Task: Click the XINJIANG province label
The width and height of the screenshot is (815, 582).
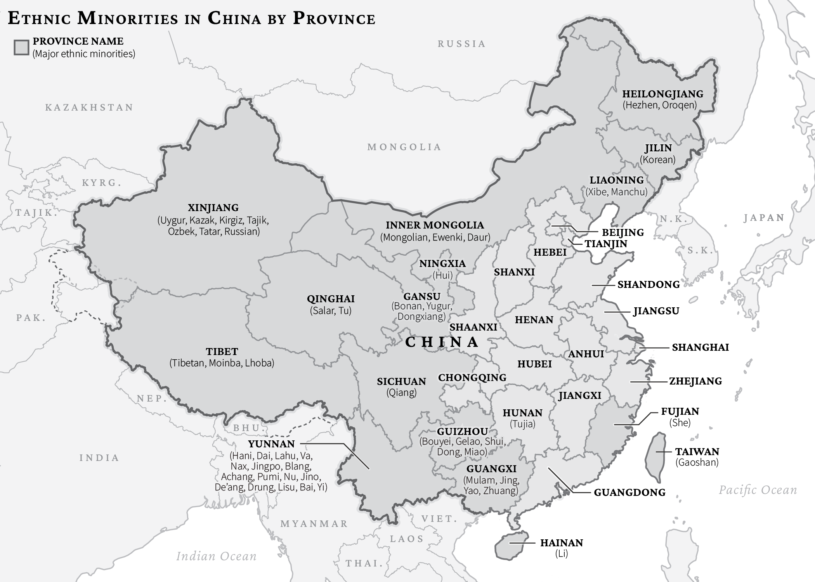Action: (x=213, y=208)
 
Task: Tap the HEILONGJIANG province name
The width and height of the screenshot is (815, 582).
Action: (x=662, y=94)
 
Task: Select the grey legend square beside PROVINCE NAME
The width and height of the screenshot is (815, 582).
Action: (x=21, y=47)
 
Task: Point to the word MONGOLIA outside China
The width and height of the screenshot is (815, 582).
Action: (x=404, y=147)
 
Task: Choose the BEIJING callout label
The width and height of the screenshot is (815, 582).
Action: (x=623, y=232)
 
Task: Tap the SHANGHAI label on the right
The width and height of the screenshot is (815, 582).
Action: (x=700, y=347)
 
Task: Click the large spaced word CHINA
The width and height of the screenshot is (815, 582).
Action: (x=442, y=342)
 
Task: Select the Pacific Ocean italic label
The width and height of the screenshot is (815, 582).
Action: (x=758, y=490)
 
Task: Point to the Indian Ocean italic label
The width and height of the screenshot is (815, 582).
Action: (x=216, y=556)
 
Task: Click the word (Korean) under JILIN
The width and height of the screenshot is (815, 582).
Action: (x=657, y=159)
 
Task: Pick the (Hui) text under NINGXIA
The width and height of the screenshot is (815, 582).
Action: (x=442, y=275)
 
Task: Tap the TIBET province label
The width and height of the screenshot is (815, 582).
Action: (x=222, y=352)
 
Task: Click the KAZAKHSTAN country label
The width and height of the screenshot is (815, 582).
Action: (x=89, y=107)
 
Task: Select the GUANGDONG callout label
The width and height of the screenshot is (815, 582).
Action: (x=629, y=492)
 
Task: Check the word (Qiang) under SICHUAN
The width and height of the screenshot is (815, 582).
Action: (x=401, y=393)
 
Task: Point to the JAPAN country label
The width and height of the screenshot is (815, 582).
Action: (x=764, y=218)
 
